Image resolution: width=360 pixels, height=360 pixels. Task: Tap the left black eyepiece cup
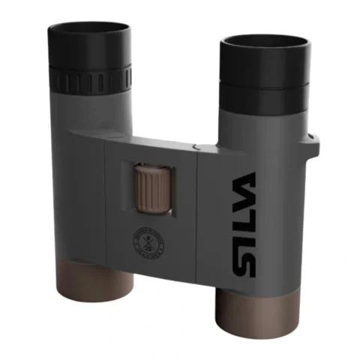tap(88, 46)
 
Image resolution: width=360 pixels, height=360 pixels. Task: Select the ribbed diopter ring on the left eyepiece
tap(88, 77)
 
